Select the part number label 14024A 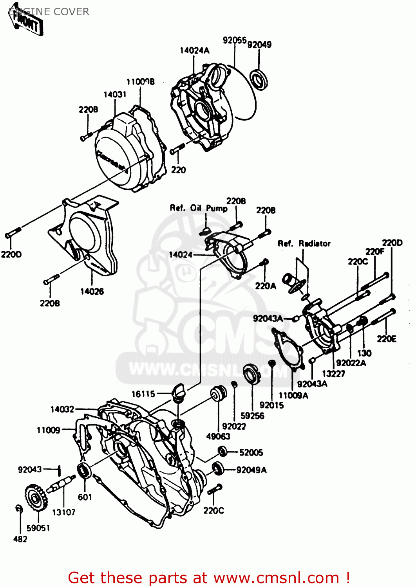tap(194, 50)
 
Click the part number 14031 tap(115, 94)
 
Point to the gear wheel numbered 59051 tap(36, 499)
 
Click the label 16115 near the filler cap tap(143, 394)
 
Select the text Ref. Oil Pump tap(198, 208)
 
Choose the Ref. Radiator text tap(304, 243)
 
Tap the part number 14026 tap(92, 292)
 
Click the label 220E tap(387, 339)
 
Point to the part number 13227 tap(333, 374)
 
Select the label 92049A tap(251, 470)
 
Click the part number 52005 tap(251, 453)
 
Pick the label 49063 tap(218, 436)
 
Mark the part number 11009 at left tap(49, 430)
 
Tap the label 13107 tap(63, 512)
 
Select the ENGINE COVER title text tap(49, 12)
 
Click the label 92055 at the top tap(235, 40)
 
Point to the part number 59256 tap(252, 416)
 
